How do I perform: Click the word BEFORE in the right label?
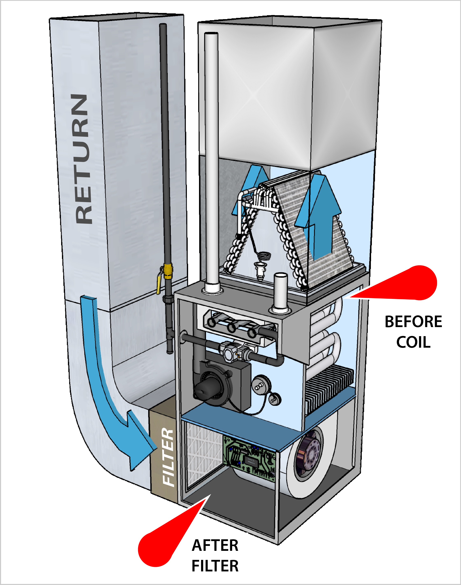413,322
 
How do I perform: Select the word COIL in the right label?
413,342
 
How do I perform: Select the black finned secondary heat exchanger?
329,389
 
